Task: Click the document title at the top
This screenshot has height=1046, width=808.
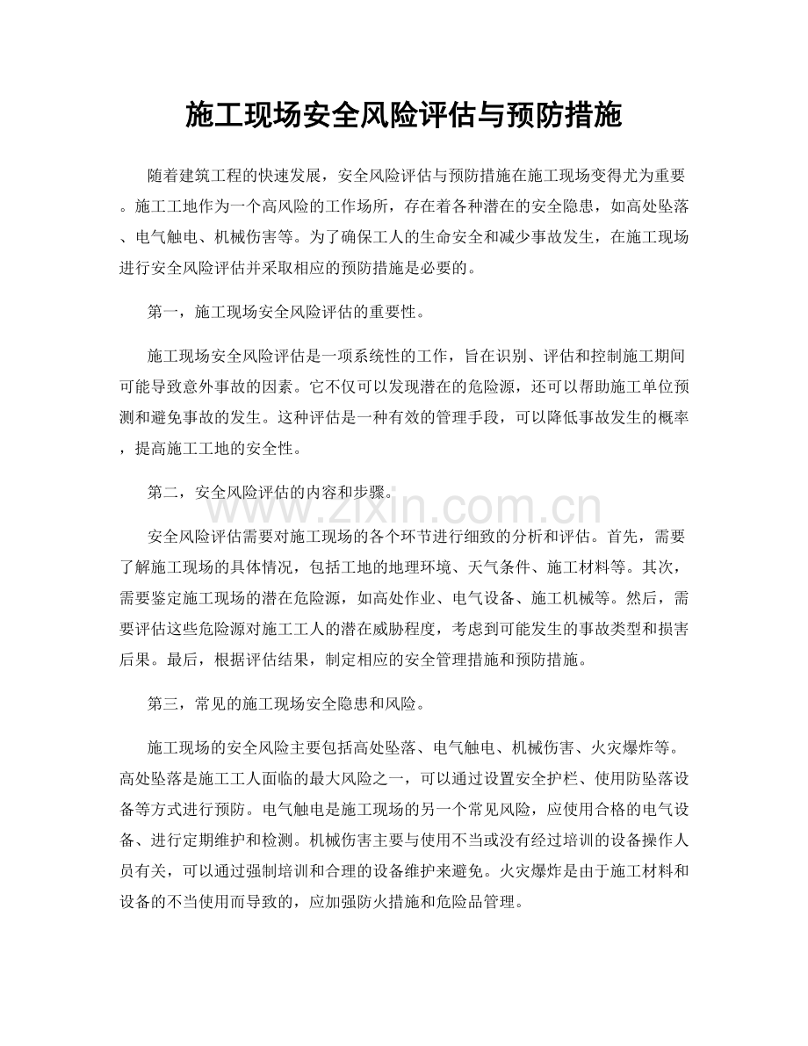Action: (404, 115)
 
